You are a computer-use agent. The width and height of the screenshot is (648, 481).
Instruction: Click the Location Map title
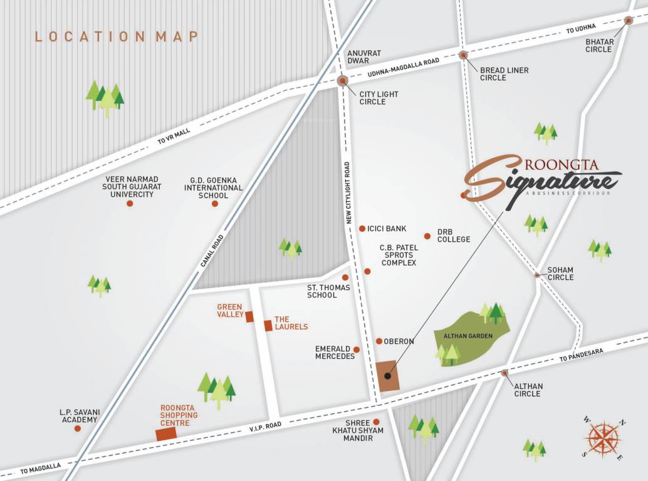(x=117, y=36)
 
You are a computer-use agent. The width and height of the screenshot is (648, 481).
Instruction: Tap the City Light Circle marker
(x=343, y=81)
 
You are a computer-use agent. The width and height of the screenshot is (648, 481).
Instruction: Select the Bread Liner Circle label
(x=504, y=74)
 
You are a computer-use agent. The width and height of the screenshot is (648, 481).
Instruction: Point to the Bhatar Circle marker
(x=629, y=21)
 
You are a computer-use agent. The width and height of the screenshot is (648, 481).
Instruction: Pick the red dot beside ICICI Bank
(x=362, y=229)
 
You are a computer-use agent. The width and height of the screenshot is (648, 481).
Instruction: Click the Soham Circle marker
(x=537, y=274)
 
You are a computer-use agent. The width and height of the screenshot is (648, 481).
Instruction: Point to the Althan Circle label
(x=528, y=390)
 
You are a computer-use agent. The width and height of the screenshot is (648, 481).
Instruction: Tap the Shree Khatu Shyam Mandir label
(x=358, y=430)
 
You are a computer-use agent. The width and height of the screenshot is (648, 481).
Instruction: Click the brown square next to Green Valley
(x=249, y=317)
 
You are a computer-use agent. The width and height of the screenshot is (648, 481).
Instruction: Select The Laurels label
(x=291, y=323)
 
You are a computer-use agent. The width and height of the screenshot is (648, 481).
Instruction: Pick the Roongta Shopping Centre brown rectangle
(x=166, y=434)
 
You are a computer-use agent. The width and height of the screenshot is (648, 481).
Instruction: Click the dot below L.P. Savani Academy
(x=77, y=429)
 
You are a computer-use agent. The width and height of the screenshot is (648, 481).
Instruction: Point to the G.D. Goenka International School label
(x=213, y=187)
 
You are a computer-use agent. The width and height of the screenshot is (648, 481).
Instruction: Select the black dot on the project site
(x=387, y=376)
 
